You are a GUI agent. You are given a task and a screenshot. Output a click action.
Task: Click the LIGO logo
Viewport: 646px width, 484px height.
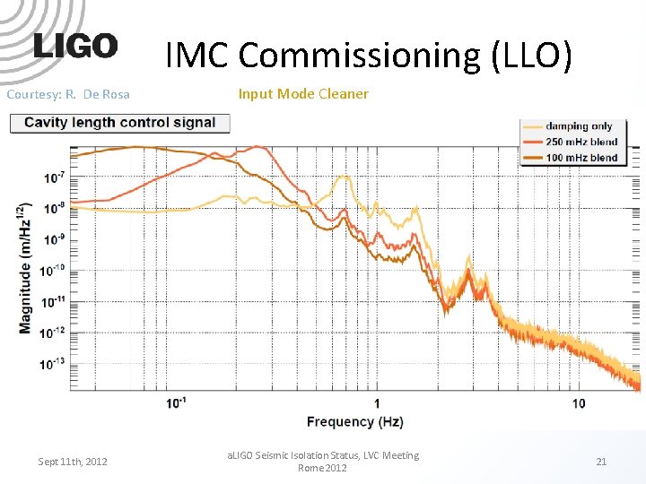pyautogui.click(x=75, y=47)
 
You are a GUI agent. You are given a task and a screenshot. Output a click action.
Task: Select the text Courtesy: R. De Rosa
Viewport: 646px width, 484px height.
pyautogui.click(x=68, y=94)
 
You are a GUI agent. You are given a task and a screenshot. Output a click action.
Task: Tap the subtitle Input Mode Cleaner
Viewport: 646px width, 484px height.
pyautogui.click(x=302, y=94)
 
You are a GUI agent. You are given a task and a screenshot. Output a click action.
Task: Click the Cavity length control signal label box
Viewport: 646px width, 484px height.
pyautogui.click(x=119, y=123)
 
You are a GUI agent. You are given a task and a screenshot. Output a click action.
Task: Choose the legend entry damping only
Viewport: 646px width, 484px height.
pyautogui.click(x=580, y=126)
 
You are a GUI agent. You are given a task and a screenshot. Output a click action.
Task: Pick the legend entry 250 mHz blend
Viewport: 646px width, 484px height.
pyautogui.click(x=581, y=142)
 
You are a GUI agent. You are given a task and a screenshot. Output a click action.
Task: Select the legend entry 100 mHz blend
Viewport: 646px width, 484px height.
pyautogui.click(x=581, y=157)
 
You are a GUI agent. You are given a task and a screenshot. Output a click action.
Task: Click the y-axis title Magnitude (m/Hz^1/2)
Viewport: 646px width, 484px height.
pyautogui.click(x=24, y=269)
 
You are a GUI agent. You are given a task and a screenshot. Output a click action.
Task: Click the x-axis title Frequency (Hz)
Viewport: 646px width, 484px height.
pyautogui.click(x=354, y=421)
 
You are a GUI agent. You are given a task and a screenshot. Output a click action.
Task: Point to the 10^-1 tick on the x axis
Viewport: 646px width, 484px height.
pyautogui.click(x=176, y=403)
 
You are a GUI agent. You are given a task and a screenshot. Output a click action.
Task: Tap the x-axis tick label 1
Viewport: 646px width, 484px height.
pyautogui.click(x=377, y=403)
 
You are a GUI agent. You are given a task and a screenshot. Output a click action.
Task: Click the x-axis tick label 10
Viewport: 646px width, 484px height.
pyautogui.click(x=578, y=403)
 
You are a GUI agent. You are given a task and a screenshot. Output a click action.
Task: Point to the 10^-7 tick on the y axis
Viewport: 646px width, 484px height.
pyautogui.click(x=54, y=178)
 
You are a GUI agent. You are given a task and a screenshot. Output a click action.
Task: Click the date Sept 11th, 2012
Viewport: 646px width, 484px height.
pyautogui.click(x=73, y=462)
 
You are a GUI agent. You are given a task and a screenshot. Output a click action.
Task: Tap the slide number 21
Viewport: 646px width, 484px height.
pyautogui.click(x=601, y=462)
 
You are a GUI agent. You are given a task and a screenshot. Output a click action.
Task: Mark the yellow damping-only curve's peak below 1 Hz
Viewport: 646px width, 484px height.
pyautogui.click(x=342, y=177)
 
